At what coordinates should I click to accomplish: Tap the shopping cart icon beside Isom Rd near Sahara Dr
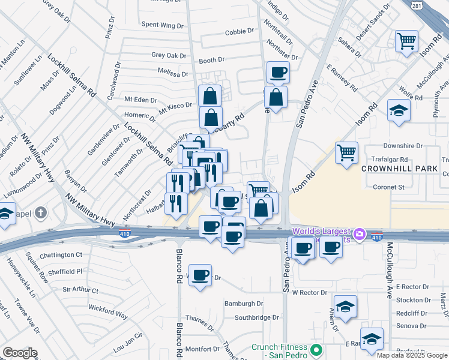[x=406, y=41]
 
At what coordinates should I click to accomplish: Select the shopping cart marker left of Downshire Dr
[x=346, y=153]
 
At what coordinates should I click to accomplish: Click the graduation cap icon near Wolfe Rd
[x=398, y=110]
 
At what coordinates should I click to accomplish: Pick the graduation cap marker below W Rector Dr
[x=345, y=307]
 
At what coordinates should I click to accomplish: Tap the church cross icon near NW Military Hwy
[x=41, y=213]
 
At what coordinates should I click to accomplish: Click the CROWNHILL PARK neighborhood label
[x=400, y=169]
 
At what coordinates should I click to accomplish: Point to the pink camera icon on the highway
[x=360, y=233]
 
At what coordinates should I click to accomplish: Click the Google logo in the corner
[x=20, y=353]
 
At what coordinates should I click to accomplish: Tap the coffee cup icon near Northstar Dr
[x=278, y=73]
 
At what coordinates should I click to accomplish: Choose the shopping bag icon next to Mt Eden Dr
[x=209, y=95]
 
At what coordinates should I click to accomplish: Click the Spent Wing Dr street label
[x=162, y=25]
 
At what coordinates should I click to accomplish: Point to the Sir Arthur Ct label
[x=80, y=290]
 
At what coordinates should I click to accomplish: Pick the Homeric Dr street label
[x=140, y=115]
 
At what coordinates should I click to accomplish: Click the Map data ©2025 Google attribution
[x=412, y=355]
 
